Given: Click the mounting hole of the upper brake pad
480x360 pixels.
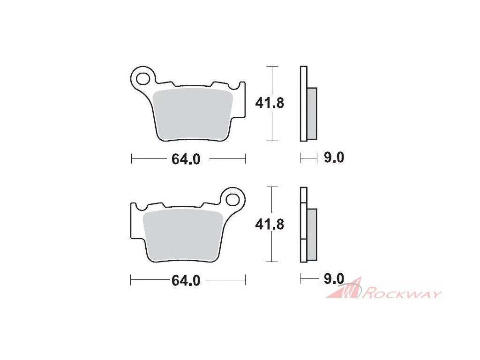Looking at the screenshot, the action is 142,78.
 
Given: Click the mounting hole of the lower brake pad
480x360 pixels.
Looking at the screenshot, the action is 232,200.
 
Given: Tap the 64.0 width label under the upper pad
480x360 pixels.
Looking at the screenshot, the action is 186,159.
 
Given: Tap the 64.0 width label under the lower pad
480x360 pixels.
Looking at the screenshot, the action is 186,280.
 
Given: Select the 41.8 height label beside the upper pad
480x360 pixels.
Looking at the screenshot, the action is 270,103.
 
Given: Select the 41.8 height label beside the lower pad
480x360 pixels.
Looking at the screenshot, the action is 270,225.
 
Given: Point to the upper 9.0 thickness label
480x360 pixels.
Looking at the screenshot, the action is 334,157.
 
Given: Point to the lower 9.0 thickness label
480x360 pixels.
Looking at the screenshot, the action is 334,279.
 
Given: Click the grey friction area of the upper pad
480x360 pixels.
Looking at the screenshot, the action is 193,115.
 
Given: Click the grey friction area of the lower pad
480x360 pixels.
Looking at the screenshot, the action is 183,236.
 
